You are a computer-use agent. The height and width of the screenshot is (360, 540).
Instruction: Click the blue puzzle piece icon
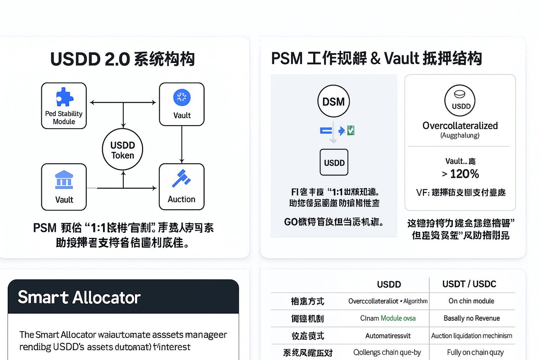[x=64, y=97]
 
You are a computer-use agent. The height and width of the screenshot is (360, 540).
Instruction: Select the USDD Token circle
[x=122, y=150]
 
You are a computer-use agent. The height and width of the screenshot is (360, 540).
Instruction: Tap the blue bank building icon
[x=64, y=180]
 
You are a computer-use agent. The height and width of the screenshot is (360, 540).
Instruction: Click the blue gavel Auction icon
[x=181, y=179]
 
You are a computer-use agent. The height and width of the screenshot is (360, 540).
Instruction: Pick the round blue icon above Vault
[x=182, y=98]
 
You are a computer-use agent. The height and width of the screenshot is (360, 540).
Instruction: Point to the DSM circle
[x=333, y=102]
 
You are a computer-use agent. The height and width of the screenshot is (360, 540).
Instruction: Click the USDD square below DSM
[x=334, y=162]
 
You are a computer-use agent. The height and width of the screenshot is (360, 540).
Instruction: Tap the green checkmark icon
[x=351, y=130]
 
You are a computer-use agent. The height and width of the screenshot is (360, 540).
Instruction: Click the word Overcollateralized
[x=460, y=126]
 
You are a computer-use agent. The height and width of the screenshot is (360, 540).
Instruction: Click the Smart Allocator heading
[x=79, y=297]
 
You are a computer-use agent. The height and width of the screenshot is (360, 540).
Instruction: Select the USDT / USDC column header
[x=469, y=284]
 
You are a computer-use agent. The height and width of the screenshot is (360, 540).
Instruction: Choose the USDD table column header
[x=389, y=284]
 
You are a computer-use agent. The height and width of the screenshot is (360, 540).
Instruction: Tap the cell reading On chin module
[x=472, y=301]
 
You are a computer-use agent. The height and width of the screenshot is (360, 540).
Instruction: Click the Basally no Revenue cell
[x=472, y=318]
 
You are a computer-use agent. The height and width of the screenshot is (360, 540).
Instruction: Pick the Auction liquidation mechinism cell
[x=472, y=336]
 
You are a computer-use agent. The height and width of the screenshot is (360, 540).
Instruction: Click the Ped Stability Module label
[x=64, y=117]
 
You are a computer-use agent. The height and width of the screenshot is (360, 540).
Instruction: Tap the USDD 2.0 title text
[x=122, y=59]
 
